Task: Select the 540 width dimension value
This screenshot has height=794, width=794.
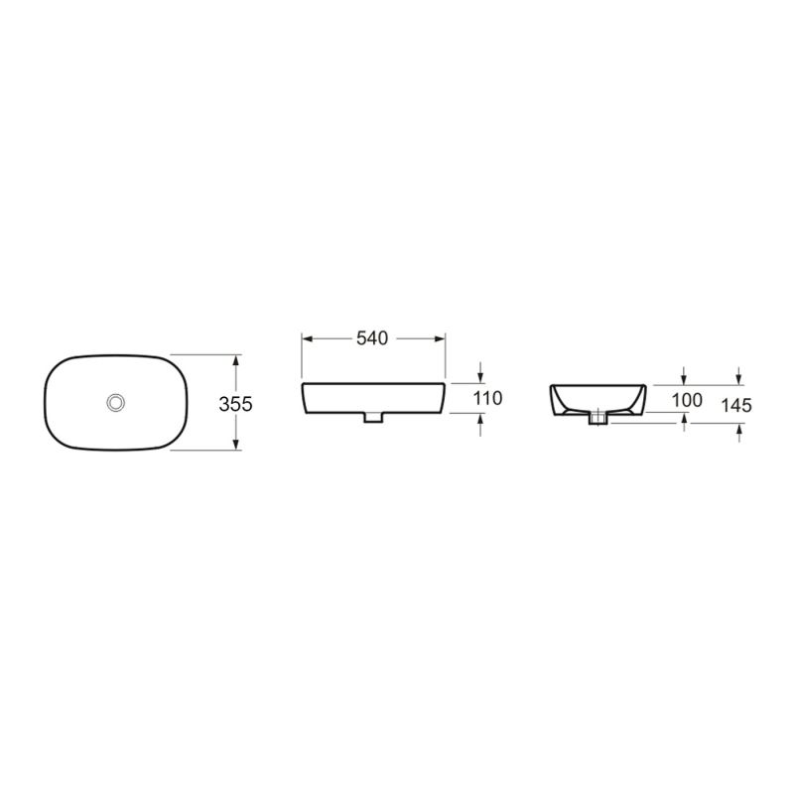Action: pos(371,338)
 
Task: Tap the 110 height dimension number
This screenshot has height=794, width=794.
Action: pos(488,398)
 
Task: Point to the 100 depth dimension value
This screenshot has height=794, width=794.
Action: pos(687,400)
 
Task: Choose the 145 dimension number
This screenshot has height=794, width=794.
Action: pos(738,405)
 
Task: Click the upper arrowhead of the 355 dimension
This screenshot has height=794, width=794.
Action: pos(236,360)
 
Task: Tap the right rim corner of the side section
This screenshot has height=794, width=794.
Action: pos(644,386)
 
